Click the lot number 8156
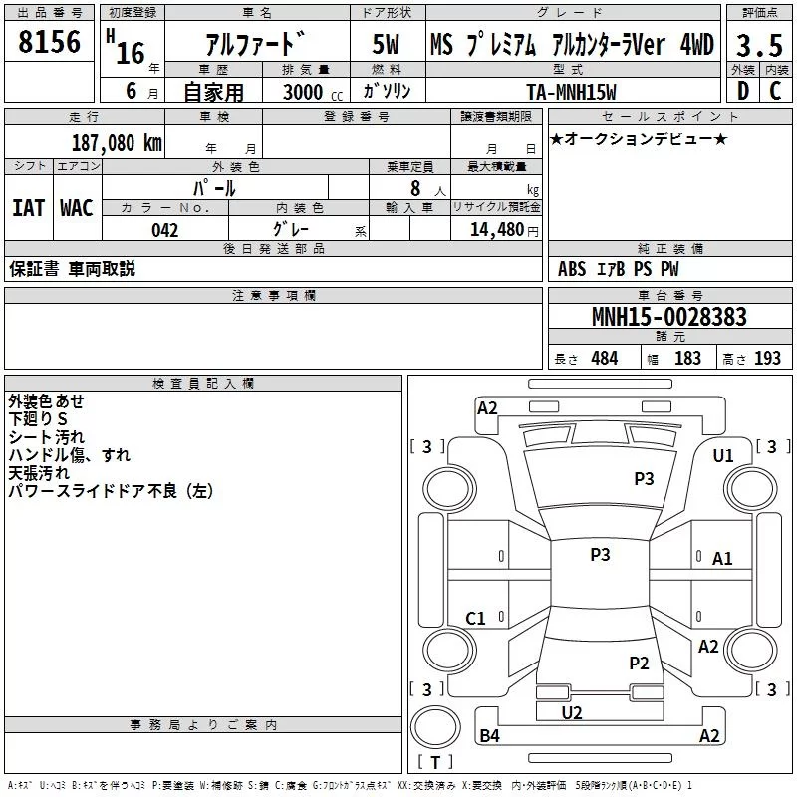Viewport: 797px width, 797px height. pos(49,42)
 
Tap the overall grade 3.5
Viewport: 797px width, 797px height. pos(759,45)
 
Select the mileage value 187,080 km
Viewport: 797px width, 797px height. pos(117,142)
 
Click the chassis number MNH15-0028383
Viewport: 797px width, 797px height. pos(669,316)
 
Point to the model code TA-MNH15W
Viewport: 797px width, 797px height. pos(571,92)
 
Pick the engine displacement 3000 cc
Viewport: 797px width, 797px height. pos(313,92)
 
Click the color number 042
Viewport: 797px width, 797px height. pos(165,230)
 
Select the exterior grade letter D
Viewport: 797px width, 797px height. pos(743,91)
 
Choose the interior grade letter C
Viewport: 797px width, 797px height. pos(775,91)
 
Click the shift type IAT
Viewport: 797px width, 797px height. pos(29,208)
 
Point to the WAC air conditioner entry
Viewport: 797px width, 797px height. pos(77,208)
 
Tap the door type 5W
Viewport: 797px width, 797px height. pos(386,44)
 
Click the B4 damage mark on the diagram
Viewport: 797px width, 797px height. pos(489,735)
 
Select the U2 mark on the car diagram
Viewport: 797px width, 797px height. pos(572,712)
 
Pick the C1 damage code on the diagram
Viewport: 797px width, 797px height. pos(476,618)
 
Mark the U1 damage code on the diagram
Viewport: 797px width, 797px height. pos(723,456)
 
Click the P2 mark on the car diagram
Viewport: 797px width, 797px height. pos(639,663)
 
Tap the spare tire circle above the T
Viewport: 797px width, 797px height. pos(435,727)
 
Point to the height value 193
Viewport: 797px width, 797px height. pos(767,358)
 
